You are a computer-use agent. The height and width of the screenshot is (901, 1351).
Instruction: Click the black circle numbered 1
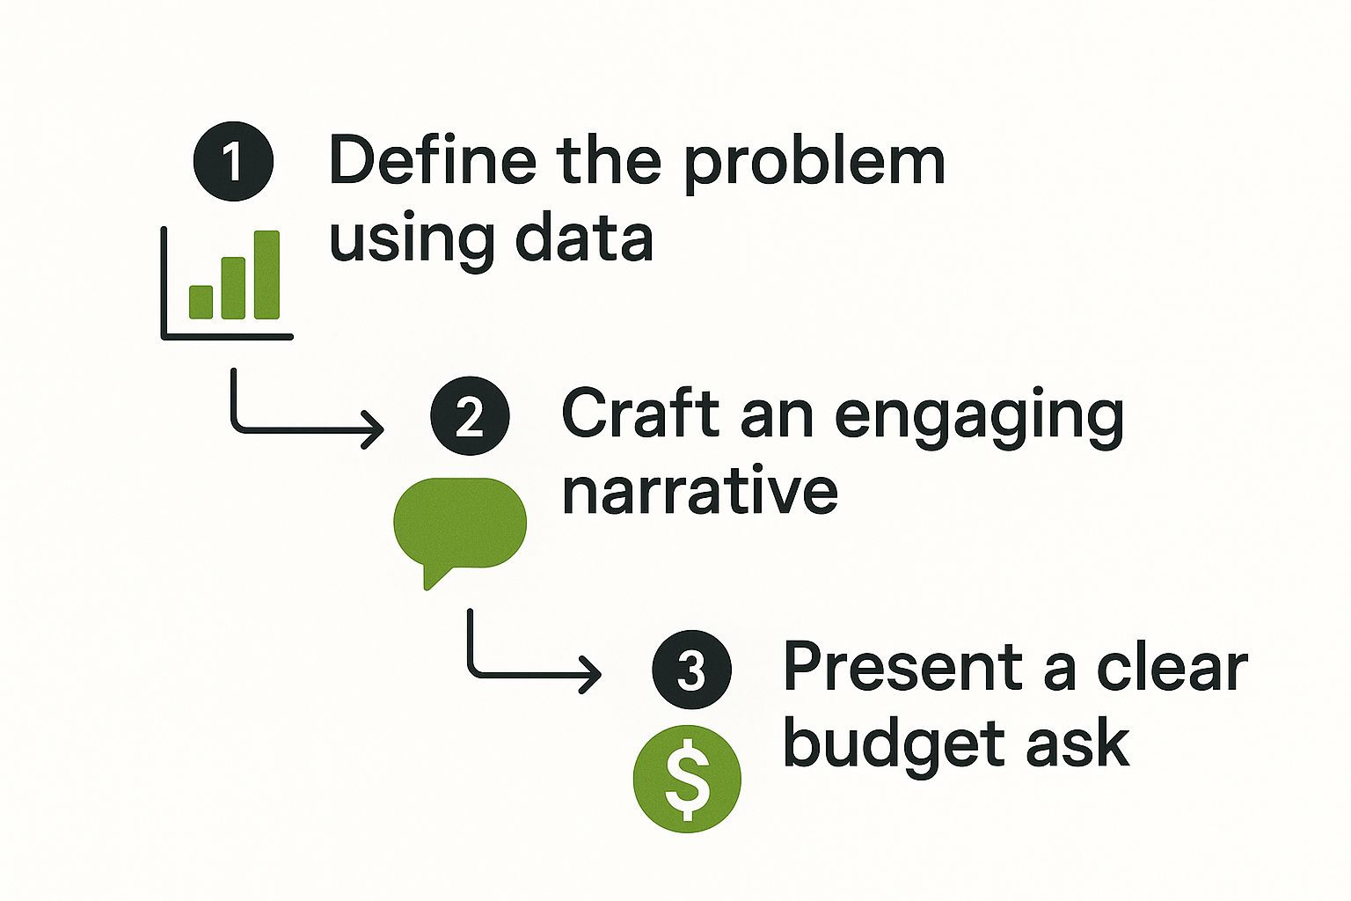pyautogui.click(x=233, y=162)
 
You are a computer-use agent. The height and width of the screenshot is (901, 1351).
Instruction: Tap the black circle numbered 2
pyautogui.click(x=470, y=415)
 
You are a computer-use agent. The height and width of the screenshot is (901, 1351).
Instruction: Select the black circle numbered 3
pyautogui.click(x=691, y=670)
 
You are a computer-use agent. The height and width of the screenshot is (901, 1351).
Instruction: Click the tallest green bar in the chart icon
pyautogui.click(x=267, y=275)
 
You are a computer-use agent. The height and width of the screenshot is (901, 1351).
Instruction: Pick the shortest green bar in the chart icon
pyautogui.click(x=201, y=301)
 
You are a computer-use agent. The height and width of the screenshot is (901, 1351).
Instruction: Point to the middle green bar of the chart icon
pyautogui.click(x=233, y=288)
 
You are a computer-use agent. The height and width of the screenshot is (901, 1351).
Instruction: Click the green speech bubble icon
pyautogui.click(x=459, y=526)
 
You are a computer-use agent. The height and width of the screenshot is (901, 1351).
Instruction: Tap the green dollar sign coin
pyautogui.click(x=687, y=778)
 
